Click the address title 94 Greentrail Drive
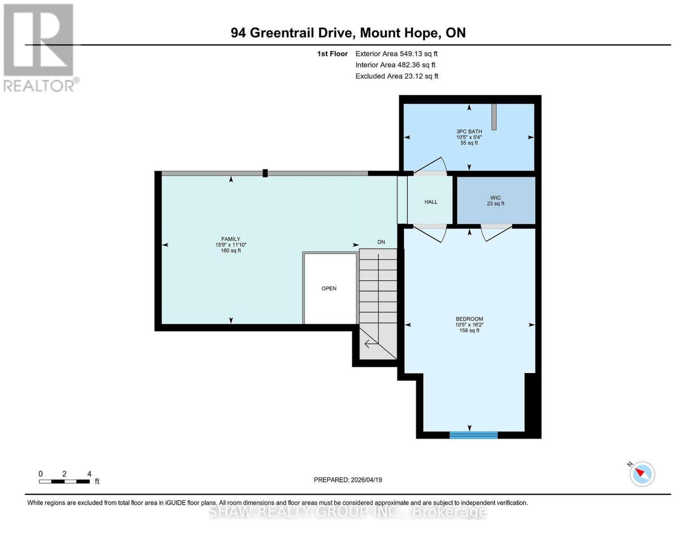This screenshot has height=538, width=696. click(348, 33)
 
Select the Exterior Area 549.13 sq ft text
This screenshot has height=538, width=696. click(396, 54)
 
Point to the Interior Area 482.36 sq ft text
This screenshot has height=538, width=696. click(395, 65)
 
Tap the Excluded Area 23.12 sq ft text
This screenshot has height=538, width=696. click(397, 76)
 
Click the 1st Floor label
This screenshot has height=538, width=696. click(332, 54)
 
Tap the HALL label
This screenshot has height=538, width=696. click(431, 202)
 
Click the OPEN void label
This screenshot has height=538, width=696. click(329, 289)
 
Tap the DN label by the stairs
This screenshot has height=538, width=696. click(381, 242)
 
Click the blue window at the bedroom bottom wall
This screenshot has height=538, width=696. click(473, 435)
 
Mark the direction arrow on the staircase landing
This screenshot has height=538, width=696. click(370, 344)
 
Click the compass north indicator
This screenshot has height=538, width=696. click(641, 473)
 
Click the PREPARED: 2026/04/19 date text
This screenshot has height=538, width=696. click(348, 480)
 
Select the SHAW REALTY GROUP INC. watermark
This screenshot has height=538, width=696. click(348, 512)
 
